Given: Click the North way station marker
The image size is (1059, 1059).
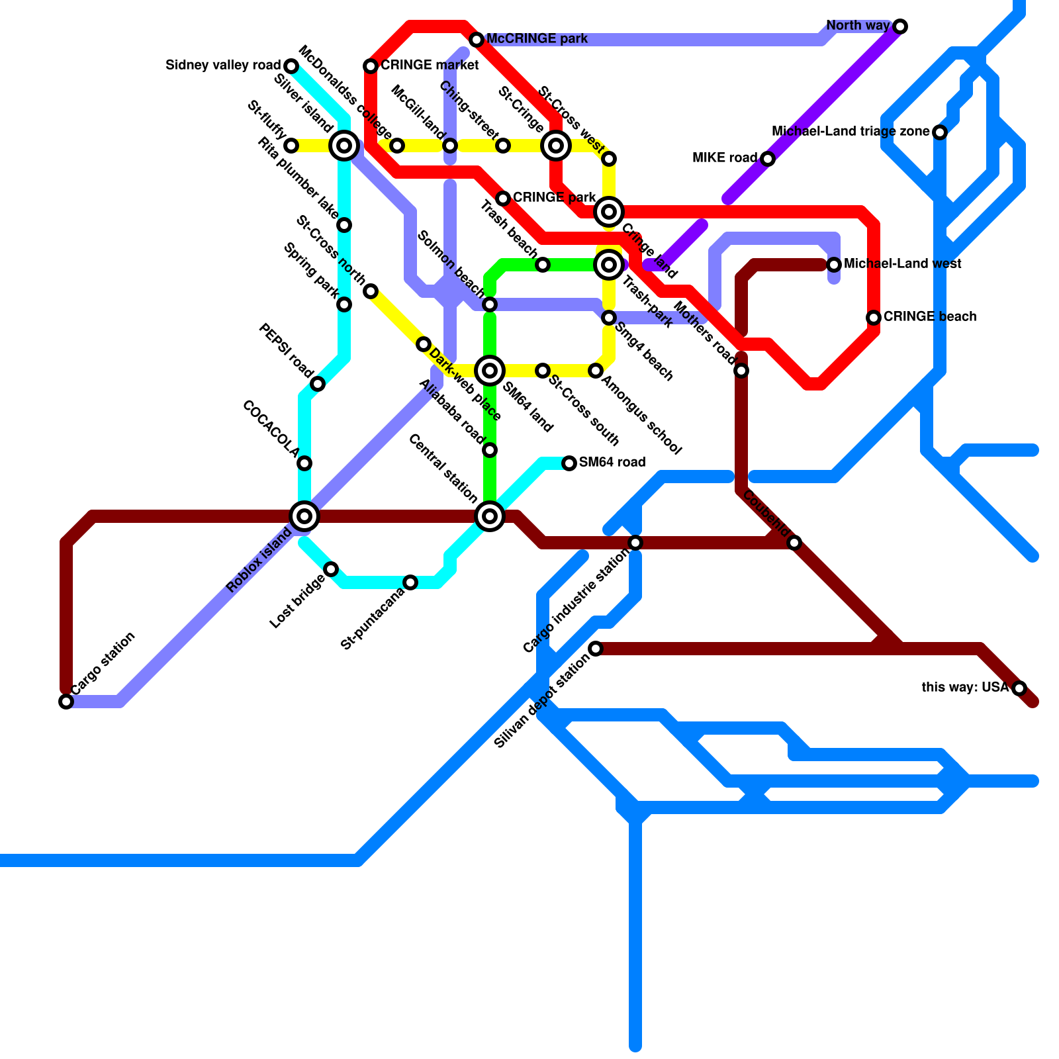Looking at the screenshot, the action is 900,26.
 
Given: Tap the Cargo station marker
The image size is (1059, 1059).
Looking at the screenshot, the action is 66,702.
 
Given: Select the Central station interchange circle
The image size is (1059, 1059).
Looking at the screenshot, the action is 490,516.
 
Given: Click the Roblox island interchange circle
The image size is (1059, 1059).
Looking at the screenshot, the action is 304,516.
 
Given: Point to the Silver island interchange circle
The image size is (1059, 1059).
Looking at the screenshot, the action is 344,146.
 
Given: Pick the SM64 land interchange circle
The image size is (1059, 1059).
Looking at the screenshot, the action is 490,371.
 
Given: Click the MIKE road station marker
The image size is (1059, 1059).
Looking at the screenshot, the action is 768,159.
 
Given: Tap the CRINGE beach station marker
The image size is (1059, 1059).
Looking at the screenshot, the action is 874,318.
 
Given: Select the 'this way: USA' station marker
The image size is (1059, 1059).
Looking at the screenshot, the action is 1019,688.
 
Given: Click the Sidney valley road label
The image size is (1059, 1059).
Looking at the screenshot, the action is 223,66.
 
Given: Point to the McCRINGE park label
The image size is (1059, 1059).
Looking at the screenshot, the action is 537,39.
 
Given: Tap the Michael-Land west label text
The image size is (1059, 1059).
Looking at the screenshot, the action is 903,264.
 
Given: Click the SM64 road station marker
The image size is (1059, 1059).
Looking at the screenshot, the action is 569,463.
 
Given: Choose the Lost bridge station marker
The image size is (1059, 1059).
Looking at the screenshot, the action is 331,569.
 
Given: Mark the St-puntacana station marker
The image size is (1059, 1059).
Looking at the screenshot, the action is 410,582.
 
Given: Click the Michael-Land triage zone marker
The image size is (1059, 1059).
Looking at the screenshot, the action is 940,132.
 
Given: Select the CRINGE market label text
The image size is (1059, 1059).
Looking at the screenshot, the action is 430,66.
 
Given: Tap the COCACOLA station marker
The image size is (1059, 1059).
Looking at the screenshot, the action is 304,463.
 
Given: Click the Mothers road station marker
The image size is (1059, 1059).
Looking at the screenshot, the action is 741,371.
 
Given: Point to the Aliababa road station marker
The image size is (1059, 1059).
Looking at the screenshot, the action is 490,450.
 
